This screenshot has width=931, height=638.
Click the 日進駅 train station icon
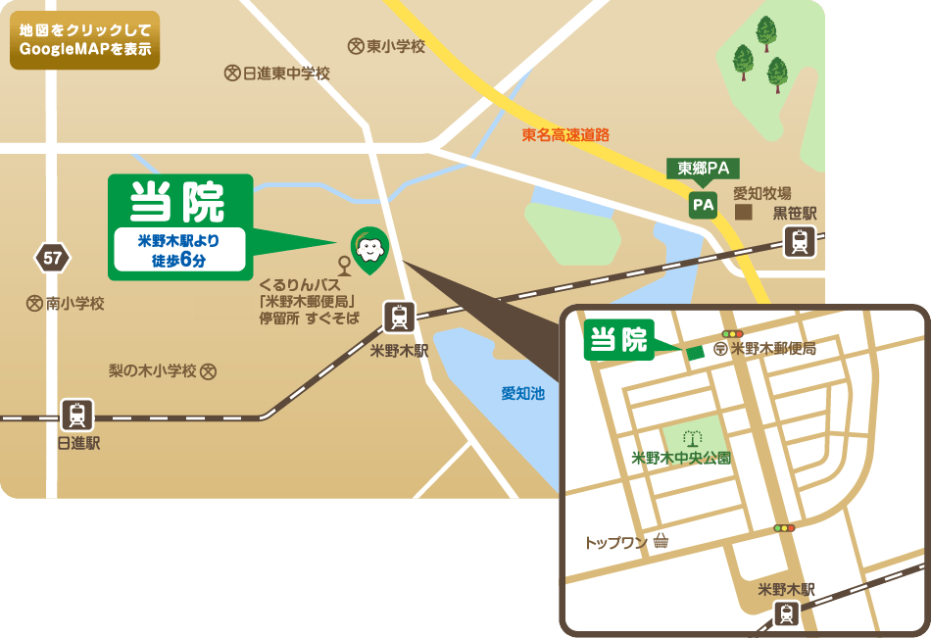pos(77,416)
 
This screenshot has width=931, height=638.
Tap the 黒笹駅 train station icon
pos(801,240)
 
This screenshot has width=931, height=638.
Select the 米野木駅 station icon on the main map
pos(399,317)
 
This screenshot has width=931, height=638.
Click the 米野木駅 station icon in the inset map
pos(786,613)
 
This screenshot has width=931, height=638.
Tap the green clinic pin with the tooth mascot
pos(368,248)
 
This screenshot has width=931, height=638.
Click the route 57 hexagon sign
pos(52,259)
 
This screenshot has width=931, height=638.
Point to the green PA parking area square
pos(703,205)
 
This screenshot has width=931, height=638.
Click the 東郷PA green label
pos(703,169)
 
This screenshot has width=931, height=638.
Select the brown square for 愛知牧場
pos(744,212)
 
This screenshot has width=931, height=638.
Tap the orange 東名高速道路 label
pos(565,134)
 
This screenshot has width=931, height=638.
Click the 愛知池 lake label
pos(522,393)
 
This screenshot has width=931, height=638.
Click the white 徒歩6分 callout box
pos(178,250)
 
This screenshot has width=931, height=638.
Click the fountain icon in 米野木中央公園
pos(695,438)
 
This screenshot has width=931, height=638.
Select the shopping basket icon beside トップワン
pos(661,541)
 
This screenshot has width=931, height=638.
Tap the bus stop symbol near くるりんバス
pos(344,266)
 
